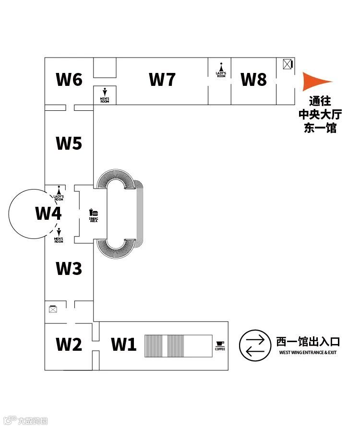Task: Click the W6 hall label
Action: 69,79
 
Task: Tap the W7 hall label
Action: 162,79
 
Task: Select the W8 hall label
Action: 253,79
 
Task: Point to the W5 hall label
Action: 69,143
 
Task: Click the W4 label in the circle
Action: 48,213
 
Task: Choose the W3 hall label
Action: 69,269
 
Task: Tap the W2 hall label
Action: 69,344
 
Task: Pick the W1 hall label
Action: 124,344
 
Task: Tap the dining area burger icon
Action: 94,213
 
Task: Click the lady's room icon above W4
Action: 59,190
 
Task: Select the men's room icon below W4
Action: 59,233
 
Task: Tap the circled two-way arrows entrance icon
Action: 254,345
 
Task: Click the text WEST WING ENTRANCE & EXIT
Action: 308,353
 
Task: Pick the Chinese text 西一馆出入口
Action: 308,342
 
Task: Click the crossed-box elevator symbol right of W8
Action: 288,64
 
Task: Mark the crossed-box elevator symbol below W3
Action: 53,309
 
